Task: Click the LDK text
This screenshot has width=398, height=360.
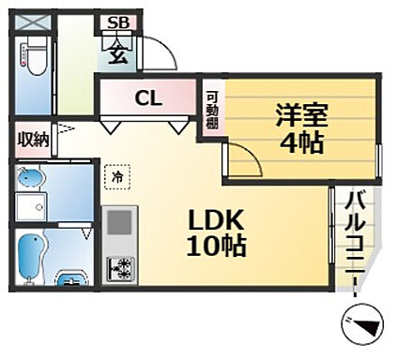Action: click(217, 222)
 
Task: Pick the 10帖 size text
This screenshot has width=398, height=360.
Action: click(217, 247)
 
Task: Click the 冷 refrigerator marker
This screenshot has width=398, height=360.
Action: click(117, 173)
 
